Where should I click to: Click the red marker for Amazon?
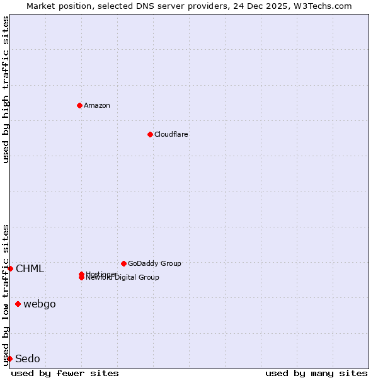tap(79, 105)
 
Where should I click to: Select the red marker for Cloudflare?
tap(150, 134)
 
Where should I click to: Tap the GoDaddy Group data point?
tap(123, 263)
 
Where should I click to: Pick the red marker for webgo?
tap(18, 304)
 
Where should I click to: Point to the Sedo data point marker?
tap(9, 358)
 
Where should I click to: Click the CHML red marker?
tap(10, 268)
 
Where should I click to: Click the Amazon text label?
tap(97, 105)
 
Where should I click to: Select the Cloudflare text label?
tap(171, 134)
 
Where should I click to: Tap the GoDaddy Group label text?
tap(154, 263)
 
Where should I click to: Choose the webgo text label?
tap(40, 304)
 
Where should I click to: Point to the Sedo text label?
tap(28, 359)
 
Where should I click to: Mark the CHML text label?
tap(30, 269)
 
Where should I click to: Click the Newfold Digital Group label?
tap(123, 278)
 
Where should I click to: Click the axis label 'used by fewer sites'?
tap(65, 373)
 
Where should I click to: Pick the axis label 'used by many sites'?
tap(316, 373)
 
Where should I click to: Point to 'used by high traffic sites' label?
tap(6, 89)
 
